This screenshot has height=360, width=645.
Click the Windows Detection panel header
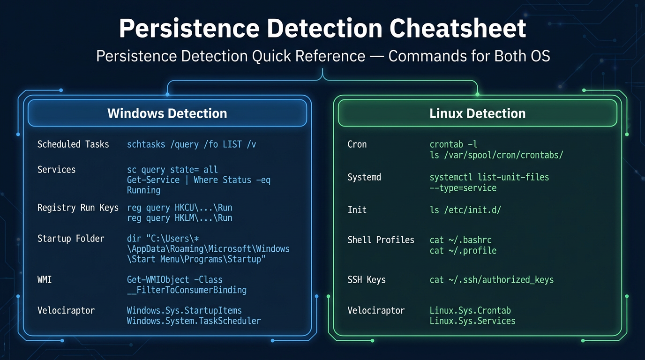[x=167, y=113]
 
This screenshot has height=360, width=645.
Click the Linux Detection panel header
[x=477, y=113]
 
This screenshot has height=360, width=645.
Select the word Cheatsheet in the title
[x=458, y=29]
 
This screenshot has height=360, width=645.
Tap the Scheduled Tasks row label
[x=73, y=144]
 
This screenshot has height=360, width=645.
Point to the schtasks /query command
[x=191, y=144]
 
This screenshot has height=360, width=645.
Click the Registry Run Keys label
[x=78, y=208]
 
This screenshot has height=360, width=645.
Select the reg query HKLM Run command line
[x=180, y=218]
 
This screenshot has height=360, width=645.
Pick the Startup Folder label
[x=71, y=239]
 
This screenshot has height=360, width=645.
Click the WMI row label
[x=45, y=280]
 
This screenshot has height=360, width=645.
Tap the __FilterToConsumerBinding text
[x=187, y=290]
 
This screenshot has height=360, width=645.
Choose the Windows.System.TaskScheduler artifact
[x=194, y=321]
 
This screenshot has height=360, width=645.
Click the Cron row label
[x=357, y=144]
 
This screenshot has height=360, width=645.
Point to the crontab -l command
[x=453, y=144]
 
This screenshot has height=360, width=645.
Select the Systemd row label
[x=364, y=178]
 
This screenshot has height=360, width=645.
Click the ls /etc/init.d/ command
[x=465, y=210]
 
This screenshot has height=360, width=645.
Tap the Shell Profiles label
[x=381, y=240]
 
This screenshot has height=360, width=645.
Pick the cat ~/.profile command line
[x=463, y=251]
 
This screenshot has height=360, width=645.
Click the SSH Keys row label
[x=367, y=280]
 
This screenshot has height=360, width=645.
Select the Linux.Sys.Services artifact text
[x=472, y=321]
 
